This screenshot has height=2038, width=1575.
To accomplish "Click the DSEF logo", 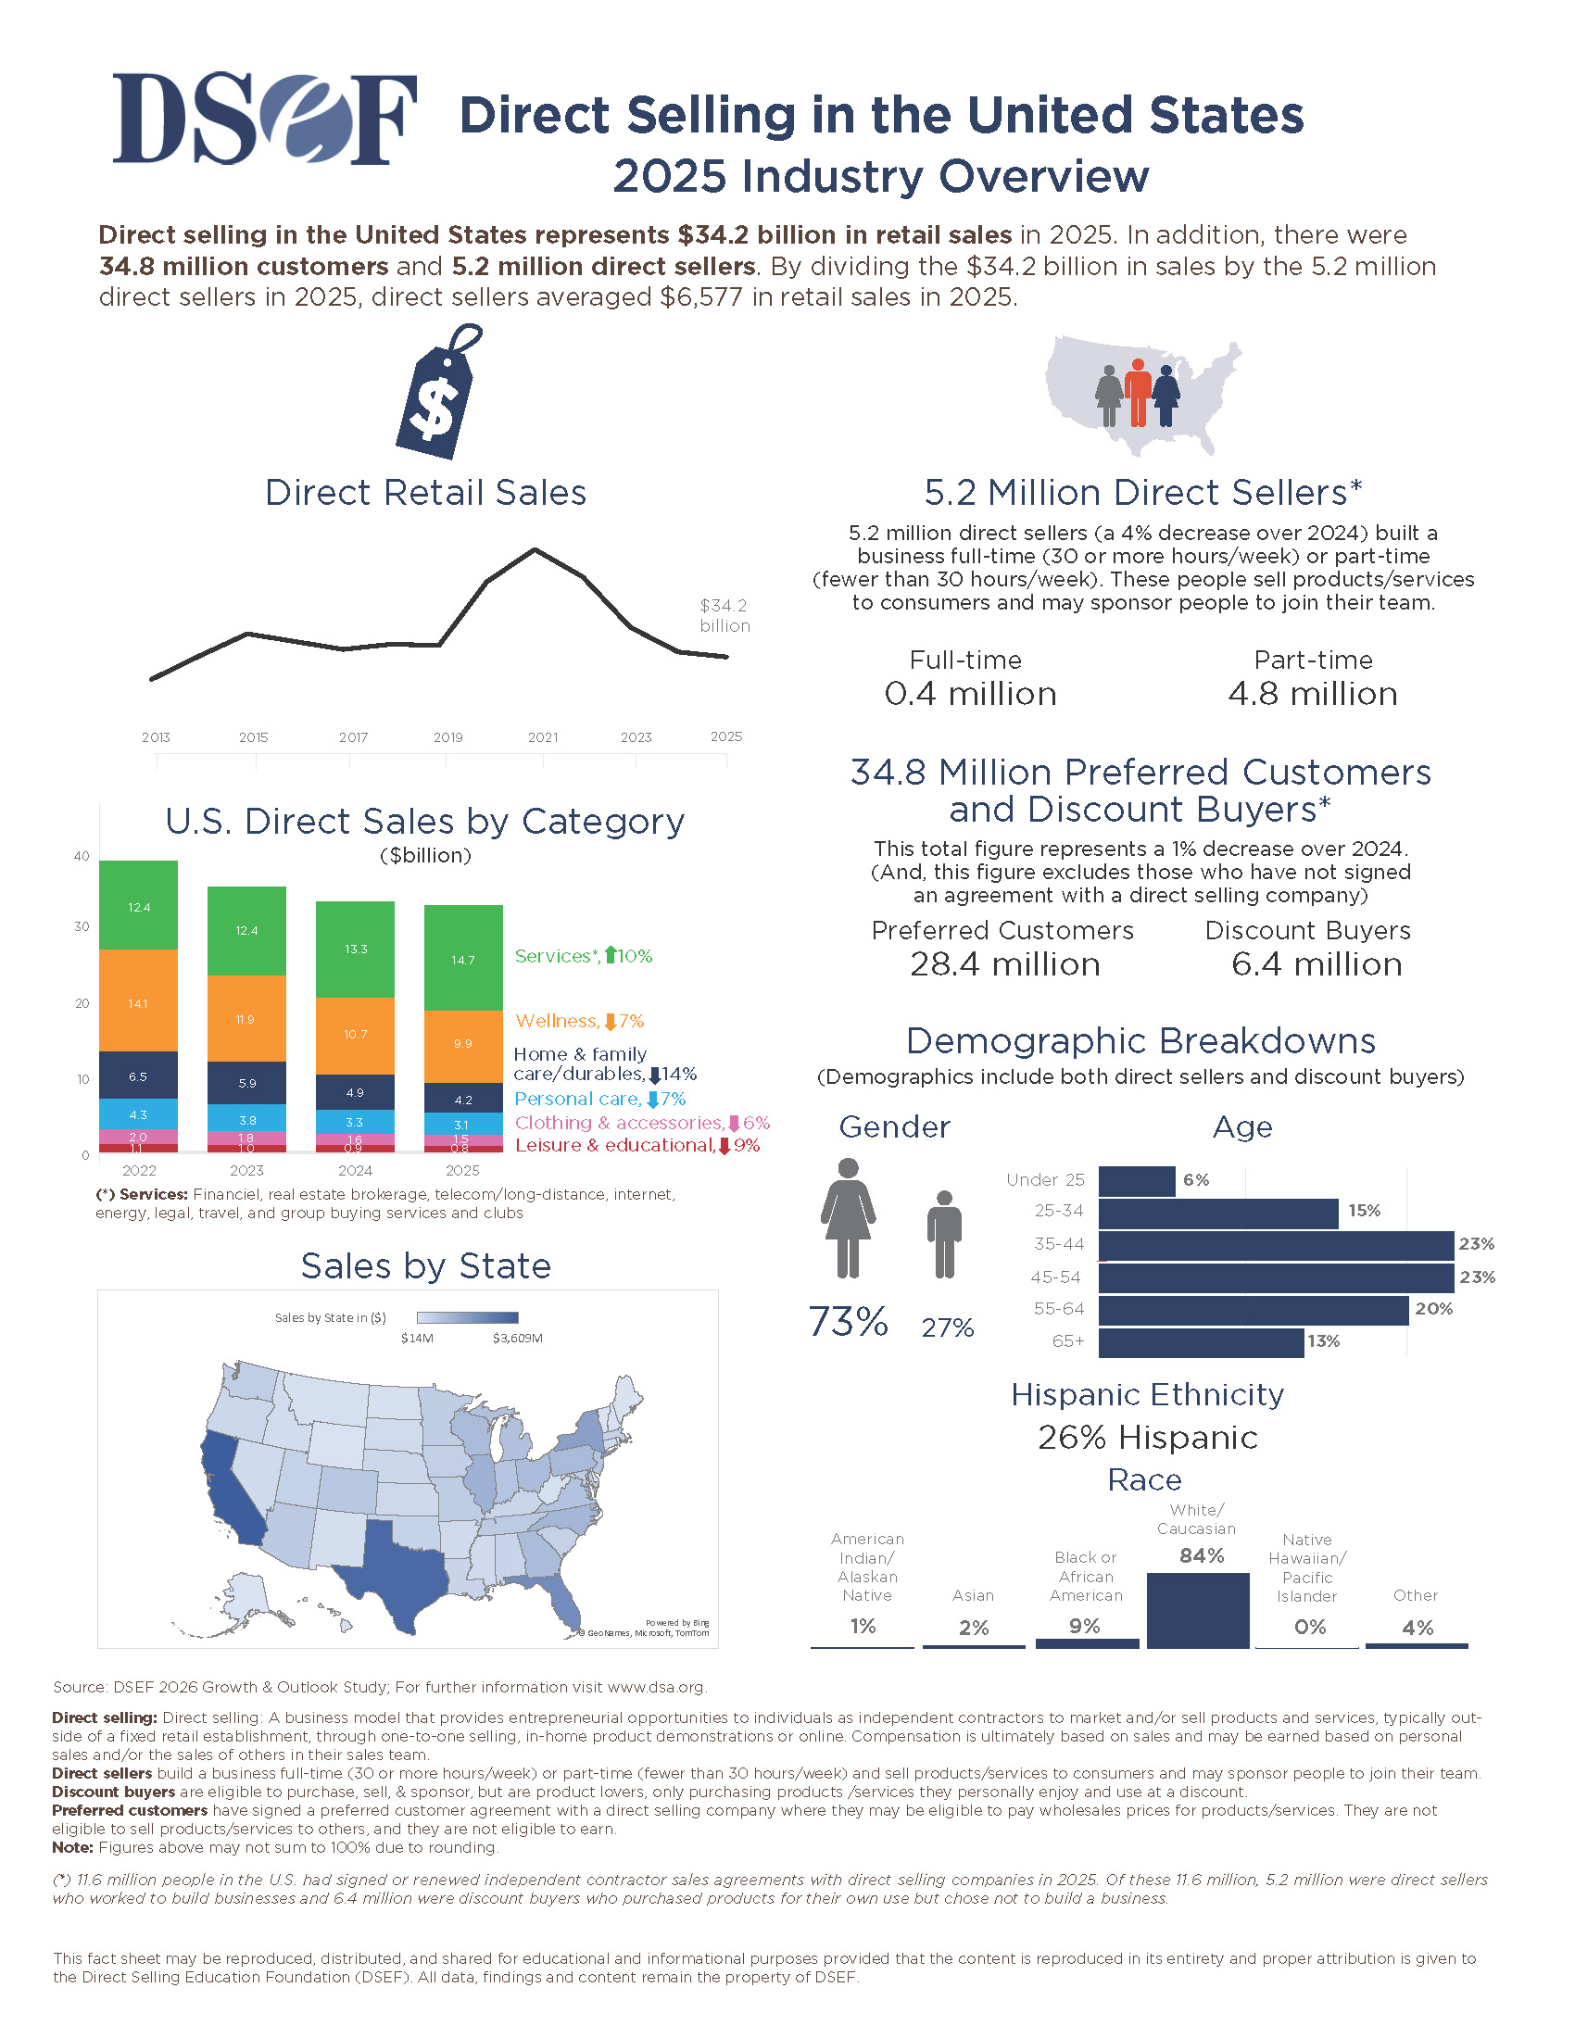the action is point(265,119).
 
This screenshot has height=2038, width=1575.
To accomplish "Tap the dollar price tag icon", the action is point(438,391).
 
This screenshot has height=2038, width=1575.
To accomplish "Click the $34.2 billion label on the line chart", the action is point(725,616).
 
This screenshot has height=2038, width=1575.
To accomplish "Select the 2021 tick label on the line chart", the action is point(543,737).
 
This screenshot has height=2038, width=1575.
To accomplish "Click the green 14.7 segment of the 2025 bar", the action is point(464,959).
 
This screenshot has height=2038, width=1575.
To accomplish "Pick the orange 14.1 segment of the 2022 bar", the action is point(138,1000).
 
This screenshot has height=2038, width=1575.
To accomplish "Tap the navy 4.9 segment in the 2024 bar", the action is point(356,1092).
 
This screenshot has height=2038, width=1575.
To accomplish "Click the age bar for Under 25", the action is point(1137,1180).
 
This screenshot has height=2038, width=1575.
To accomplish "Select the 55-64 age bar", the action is point(1254,1309).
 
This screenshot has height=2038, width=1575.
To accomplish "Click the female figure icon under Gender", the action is point(848,1218).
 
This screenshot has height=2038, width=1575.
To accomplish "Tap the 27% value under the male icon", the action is point(947,1327).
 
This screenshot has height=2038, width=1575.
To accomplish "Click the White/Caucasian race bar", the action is point(1198,1610).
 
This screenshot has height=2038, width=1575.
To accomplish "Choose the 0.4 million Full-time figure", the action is point(969,693).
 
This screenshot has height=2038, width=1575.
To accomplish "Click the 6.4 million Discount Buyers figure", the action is point(1316,964).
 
